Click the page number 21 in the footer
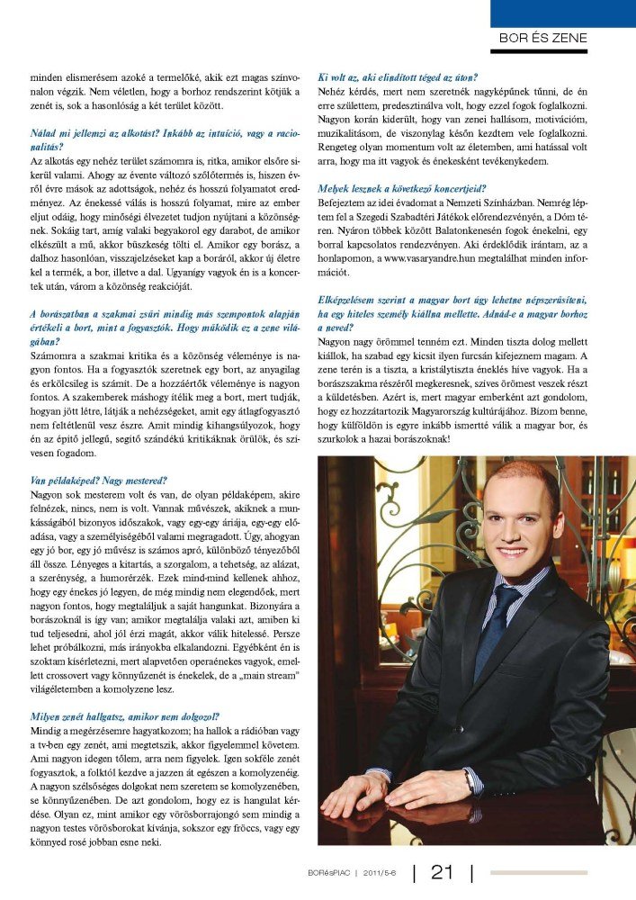click(x=443, y=872)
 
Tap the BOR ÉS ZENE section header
click(x=543, y=38)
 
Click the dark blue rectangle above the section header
click(x=562, y=13)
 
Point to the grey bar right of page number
click(x=538, y=872)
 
